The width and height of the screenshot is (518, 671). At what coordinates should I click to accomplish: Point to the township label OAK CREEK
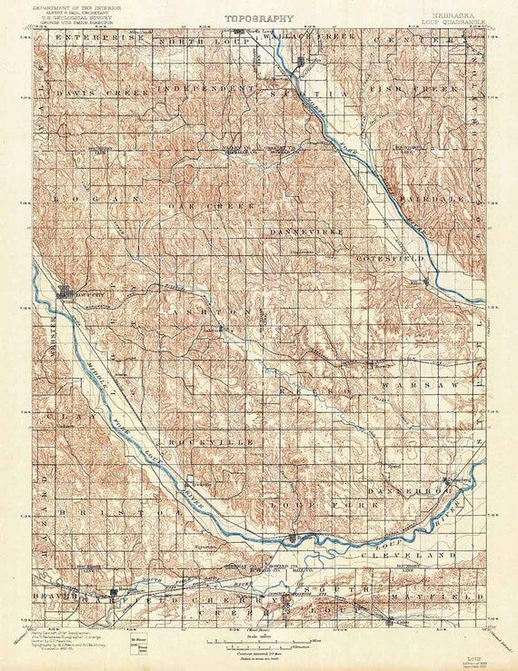[201, 206]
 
